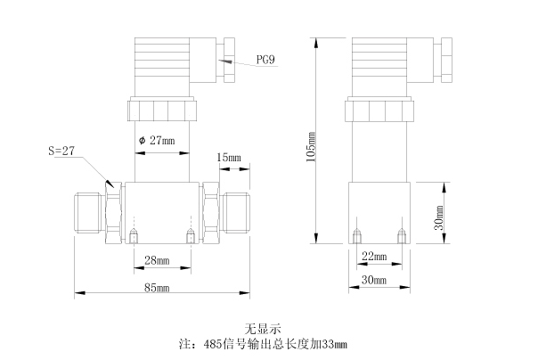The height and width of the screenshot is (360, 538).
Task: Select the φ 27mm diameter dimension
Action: point(159,140)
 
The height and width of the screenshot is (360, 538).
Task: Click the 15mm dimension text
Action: point(229,158)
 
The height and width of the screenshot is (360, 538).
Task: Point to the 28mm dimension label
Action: point(157,260)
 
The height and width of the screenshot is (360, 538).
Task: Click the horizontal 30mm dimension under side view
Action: point(376,281)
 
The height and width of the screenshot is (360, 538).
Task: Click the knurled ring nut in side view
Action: point(380,110)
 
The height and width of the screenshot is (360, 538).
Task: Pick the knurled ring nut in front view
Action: point(161,110)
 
